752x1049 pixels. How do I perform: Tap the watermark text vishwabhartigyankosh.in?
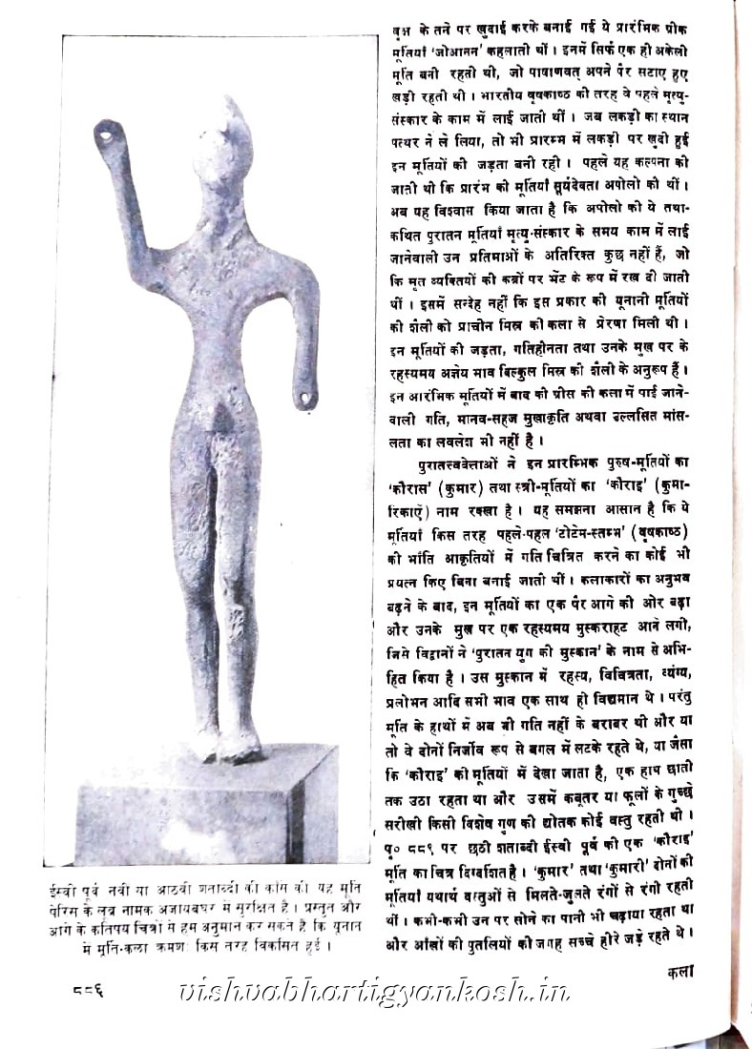(x=372, y=992)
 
